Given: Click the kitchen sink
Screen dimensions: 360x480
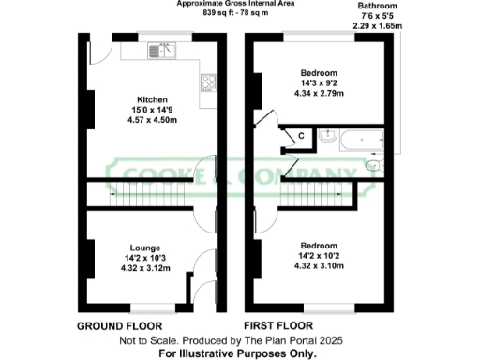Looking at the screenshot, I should (x=162, y=51).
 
